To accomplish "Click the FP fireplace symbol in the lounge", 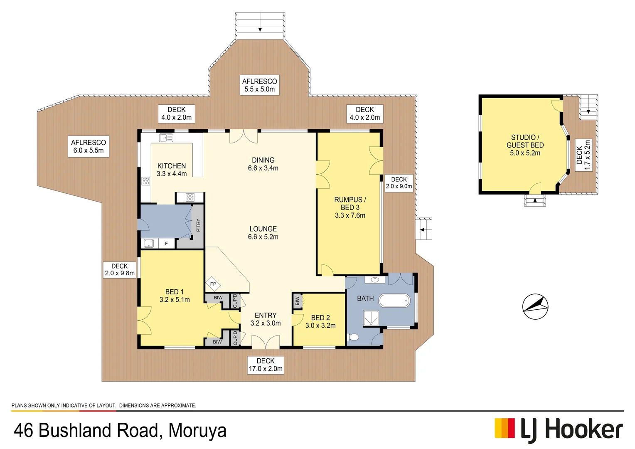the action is (213, 284).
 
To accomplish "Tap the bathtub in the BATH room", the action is (394, 301).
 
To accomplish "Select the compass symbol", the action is (535, 306).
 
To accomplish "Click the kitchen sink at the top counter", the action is (166, 138).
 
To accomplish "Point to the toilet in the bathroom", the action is (353, 337).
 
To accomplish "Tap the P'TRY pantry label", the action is (198, 225).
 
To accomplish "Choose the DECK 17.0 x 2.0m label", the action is (266, 365).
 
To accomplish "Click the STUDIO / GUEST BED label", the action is (525, 145).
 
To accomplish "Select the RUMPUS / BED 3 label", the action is (350, 207).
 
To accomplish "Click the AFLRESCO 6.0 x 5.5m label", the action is (89, 146).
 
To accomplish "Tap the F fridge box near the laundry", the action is (166, 243).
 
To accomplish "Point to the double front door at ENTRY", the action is (266, 342).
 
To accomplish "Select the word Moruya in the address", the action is (197, 430).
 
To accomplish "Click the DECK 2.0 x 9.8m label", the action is (120, 269).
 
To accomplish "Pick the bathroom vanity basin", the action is (375, 280).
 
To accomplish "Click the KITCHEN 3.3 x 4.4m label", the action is (172, 170).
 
